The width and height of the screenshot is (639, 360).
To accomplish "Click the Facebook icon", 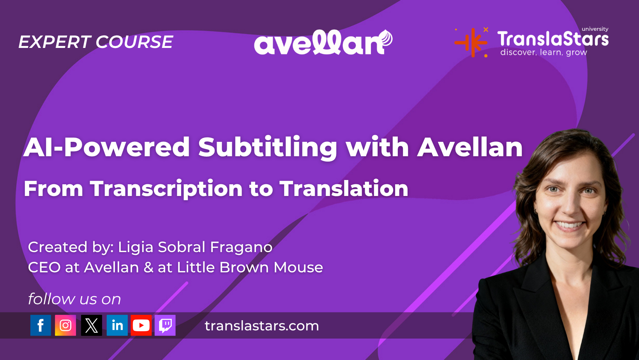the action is click(x=41, y=325).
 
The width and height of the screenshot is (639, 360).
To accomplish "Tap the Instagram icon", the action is click(x=65, y=325).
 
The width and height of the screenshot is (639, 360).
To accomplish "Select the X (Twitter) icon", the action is click(x=91, y=325).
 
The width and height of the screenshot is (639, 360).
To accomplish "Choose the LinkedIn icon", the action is click(x=117, y=325).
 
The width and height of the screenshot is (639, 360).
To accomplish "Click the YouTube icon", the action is click(x=141, y=325).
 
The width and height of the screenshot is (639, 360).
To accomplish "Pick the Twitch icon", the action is click(x=165, y=325).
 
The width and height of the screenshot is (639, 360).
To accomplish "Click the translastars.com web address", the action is click(x=262, y=326).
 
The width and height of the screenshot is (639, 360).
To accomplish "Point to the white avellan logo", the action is click(x=323, y=42).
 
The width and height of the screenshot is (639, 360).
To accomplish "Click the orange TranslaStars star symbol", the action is click(x=471, y=42).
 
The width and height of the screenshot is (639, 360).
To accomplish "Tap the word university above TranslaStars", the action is click(x=595, y=29).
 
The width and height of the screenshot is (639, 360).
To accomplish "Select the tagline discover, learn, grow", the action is click(x=544, y=52).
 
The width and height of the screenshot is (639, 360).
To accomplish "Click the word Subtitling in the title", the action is click(x=268, y=147).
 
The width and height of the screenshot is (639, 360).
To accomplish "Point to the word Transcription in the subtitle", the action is click(x=166, y=189).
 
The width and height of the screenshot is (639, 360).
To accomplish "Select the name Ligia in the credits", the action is click(x=135, y=247).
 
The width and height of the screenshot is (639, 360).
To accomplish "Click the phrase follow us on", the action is click(x=74, y=299).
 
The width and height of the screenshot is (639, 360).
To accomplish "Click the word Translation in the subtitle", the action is click(x=344, y=188).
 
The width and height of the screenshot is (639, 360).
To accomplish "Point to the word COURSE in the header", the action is click(x=134, y=42).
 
